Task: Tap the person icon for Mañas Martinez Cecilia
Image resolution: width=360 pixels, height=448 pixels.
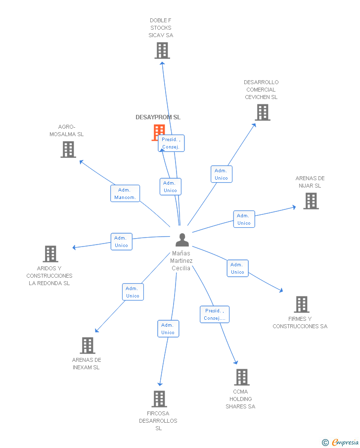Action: [182, 240]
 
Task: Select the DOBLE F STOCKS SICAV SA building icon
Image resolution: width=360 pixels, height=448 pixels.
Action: [162, 50]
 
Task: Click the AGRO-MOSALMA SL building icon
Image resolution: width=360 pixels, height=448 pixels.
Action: [68, 149]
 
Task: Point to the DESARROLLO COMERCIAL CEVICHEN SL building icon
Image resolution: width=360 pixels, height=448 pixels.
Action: [262, 112]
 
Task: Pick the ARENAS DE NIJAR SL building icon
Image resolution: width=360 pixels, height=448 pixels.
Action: [311, 201]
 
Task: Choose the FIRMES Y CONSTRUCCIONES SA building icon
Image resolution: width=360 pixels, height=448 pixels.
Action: [301, 304]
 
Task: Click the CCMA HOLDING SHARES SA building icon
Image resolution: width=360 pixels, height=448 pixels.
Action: [241, 377]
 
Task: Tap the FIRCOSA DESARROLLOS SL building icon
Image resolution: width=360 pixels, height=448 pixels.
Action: [159, 398]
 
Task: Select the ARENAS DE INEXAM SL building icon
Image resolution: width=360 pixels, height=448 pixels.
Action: [87, 346]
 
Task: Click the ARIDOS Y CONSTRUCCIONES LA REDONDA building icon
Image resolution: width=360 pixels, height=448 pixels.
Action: [50, 254]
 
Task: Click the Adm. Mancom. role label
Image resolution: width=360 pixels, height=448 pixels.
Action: [125, 194]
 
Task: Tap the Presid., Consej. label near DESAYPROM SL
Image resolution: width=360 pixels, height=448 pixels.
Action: [171, 143]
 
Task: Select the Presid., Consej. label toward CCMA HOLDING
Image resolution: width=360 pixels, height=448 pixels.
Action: [215, 314]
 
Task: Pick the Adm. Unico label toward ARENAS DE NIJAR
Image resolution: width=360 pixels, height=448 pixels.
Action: [244, 219]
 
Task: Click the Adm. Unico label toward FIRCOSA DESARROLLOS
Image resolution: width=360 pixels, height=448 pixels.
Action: [168, 329]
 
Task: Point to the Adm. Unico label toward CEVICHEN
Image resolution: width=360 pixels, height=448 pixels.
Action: [222, 174]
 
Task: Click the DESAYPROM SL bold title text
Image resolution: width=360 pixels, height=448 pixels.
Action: [158, 117]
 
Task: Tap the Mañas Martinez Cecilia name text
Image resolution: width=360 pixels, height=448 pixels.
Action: [181, 261]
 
